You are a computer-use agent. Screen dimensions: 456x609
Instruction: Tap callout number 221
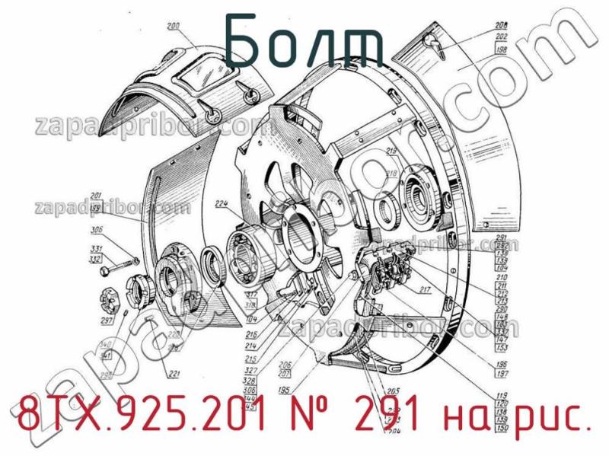coord(174,373)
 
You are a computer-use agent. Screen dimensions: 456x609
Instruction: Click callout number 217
coord(424,289)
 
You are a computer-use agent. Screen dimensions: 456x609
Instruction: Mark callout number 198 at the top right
coord(500,50)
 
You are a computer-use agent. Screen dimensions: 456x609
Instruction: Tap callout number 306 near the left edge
coord(97,231)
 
